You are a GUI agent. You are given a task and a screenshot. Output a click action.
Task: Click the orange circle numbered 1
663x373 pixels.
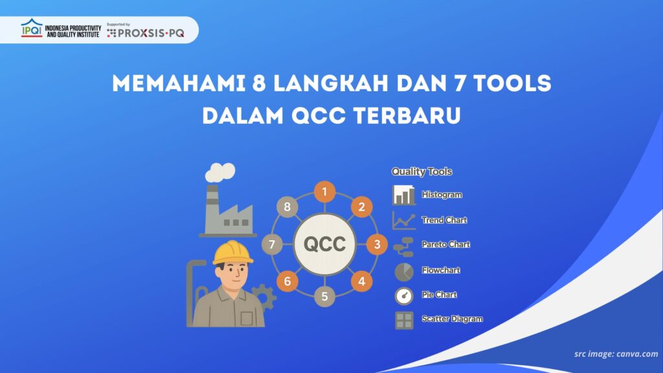[324, 192]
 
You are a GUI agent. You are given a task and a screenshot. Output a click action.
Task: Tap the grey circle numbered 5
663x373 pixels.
[324, 297]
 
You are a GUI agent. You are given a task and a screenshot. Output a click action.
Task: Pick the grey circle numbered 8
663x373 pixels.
[287, 207]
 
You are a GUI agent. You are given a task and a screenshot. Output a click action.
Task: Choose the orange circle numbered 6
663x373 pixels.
[287, 282]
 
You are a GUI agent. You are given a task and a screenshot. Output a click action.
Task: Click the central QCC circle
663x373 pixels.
[324, 245]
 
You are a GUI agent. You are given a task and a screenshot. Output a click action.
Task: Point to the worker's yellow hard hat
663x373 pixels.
[233, 253]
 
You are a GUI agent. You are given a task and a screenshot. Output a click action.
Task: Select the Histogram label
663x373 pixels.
[442, 195]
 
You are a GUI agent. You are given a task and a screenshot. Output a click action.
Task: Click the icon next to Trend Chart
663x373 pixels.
[403, 220]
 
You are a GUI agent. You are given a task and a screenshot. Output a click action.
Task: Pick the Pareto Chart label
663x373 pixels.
[445, 245]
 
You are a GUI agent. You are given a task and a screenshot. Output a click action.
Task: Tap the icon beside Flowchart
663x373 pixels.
[403, 270]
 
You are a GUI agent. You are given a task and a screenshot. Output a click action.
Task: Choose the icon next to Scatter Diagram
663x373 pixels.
[403, 319]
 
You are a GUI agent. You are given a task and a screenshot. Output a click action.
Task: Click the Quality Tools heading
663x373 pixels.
[421, 172]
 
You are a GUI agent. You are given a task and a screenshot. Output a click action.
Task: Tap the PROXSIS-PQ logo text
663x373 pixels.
[150, 34]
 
